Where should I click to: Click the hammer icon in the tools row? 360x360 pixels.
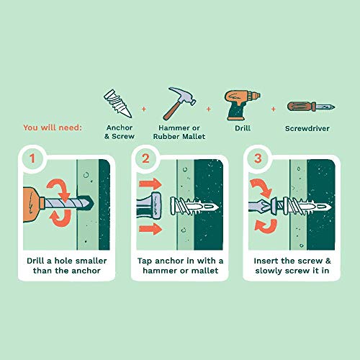point(179,104)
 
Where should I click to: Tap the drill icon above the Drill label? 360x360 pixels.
point(242,105)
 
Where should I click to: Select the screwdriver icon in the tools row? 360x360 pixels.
point(311,107)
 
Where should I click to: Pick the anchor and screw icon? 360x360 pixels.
point(118,103)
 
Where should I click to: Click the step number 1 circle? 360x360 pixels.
point(32,158)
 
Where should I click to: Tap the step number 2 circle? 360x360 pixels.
point(145,158)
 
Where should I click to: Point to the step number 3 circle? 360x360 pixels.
point(258,158)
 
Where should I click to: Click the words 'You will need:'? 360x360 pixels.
point(53,127)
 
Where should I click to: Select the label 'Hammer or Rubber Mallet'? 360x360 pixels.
point(179,132)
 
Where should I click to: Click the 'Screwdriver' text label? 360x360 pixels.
point(307,128)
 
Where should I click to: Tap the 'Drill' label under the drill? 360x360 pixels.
point(243,128)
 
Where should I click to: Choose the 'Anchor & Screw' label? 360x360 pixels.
point(120,132)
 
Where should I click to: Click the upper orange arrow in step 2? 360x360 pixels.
point(150,184)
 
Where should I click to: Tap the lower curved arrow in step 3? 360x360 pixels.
point(266,226)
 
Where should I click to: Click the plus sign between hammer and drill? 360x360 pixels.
point(209,109)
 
